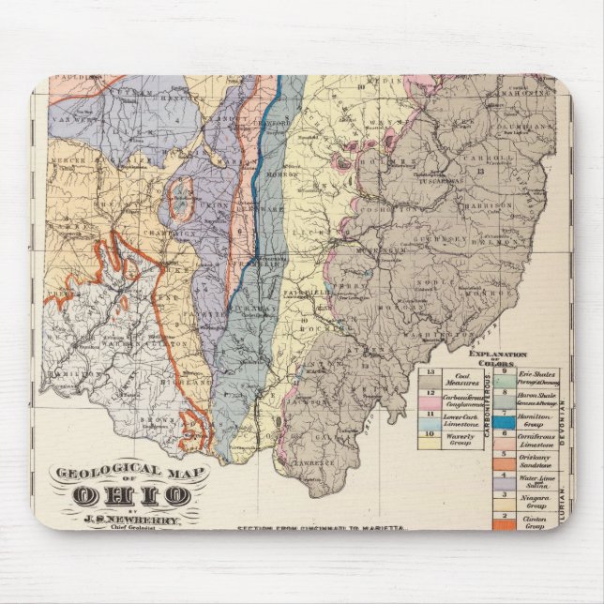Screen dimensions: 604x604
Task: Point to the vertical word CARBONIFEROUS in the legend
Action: (489, 409)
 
